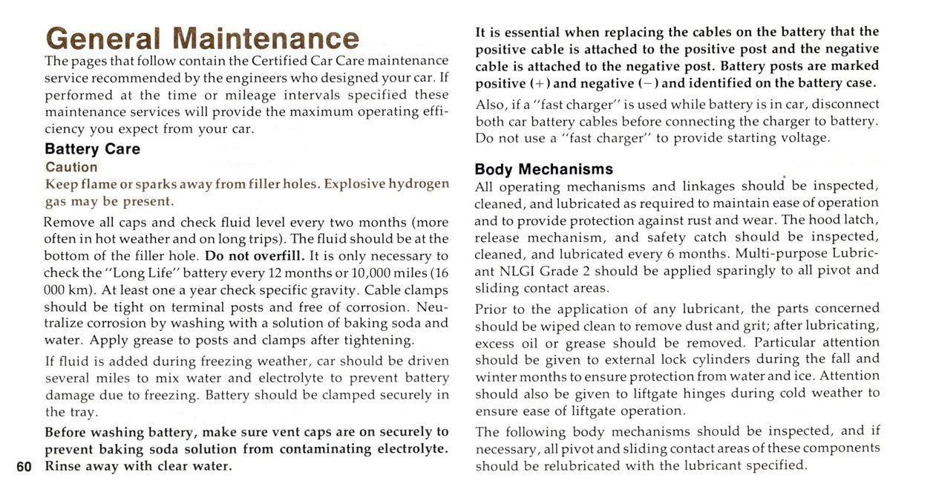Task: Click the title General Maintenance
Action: [x=202, y=38]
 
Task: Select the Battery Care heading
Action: [x=92, y=148]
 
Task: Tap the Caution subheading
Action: [x=71, y=167]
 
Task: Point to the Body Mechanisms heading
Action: [x=543, y=168]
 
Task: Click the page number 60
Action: [x=24, y=467]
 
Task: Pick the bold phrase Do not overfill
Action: [x=255, y=256]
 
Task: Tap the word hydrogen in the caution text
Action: [x=419, y=183]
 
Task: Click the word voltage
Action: [x=802, y=138]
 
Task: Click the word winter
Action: [x=494, y=376]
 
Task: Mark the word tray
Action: [x=83, y=412]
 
